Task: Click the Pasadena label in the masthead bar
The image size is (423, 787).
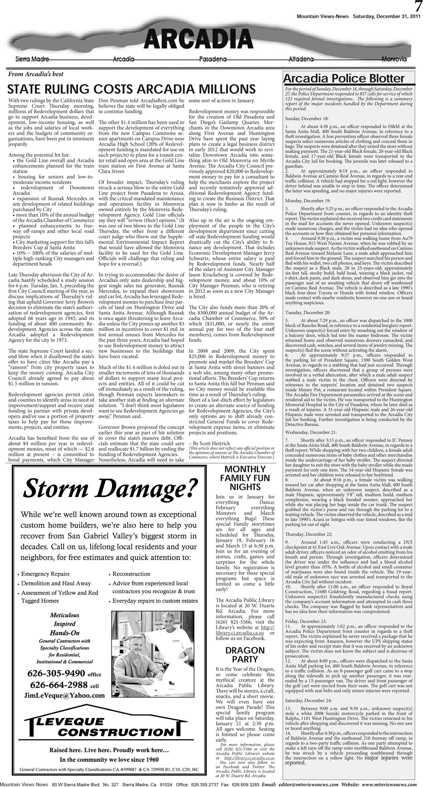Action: tap(213, 59)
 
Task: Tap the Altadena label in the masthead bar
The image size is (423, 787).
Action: tap(301, 59)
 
